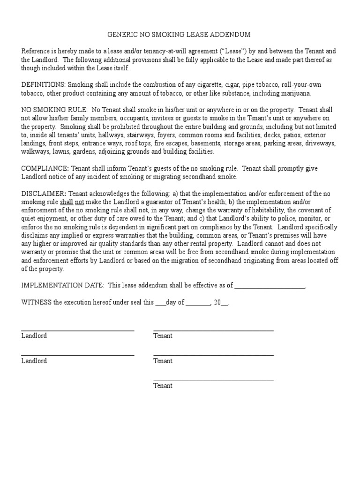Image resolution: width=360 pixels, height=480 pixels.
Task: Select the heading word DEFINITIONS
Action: point(44,85)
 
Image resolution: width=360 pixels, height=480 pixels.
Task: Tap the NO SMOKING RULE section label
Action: point(54,109)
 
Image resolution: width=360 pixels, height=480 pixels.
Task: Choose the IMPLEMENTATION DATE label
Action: point(63,285)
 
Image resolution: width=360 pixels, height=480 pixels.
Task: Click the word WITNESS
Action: point(36,302)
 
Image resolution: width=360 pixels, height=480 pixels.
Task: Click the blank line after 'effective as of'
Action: point(269,286)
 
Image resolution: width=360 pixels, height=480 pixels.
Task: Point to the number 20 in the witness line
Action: point(217,302)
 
